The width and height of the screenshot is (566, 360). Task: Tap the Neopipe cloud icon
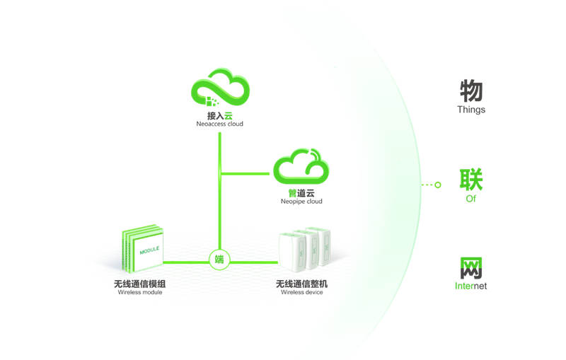[x=301, y=166]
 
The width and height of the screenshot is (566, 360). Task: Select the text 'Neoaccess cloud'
[x=220, y=124]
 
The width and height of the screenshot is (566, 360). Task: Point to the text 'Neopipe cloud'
[x=301, y=202]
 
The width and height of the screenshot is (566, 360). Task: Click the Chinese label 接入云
[x=220, y=115]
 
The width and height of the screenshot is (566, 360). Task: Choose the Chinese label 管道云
[x=301, y=192]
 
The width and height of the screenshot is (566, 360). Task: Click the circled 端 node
[x=219, y=259]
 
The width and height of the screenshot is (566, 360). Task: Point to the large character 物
[x=471, y=91]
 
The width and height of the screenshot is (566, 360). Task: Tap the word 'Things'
[x=471, y=110]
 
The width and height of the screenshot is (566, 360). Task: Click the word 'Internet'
[x=471, y=286]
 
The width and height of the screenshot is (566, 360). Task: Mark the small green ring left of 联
[x=438, y=185]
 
